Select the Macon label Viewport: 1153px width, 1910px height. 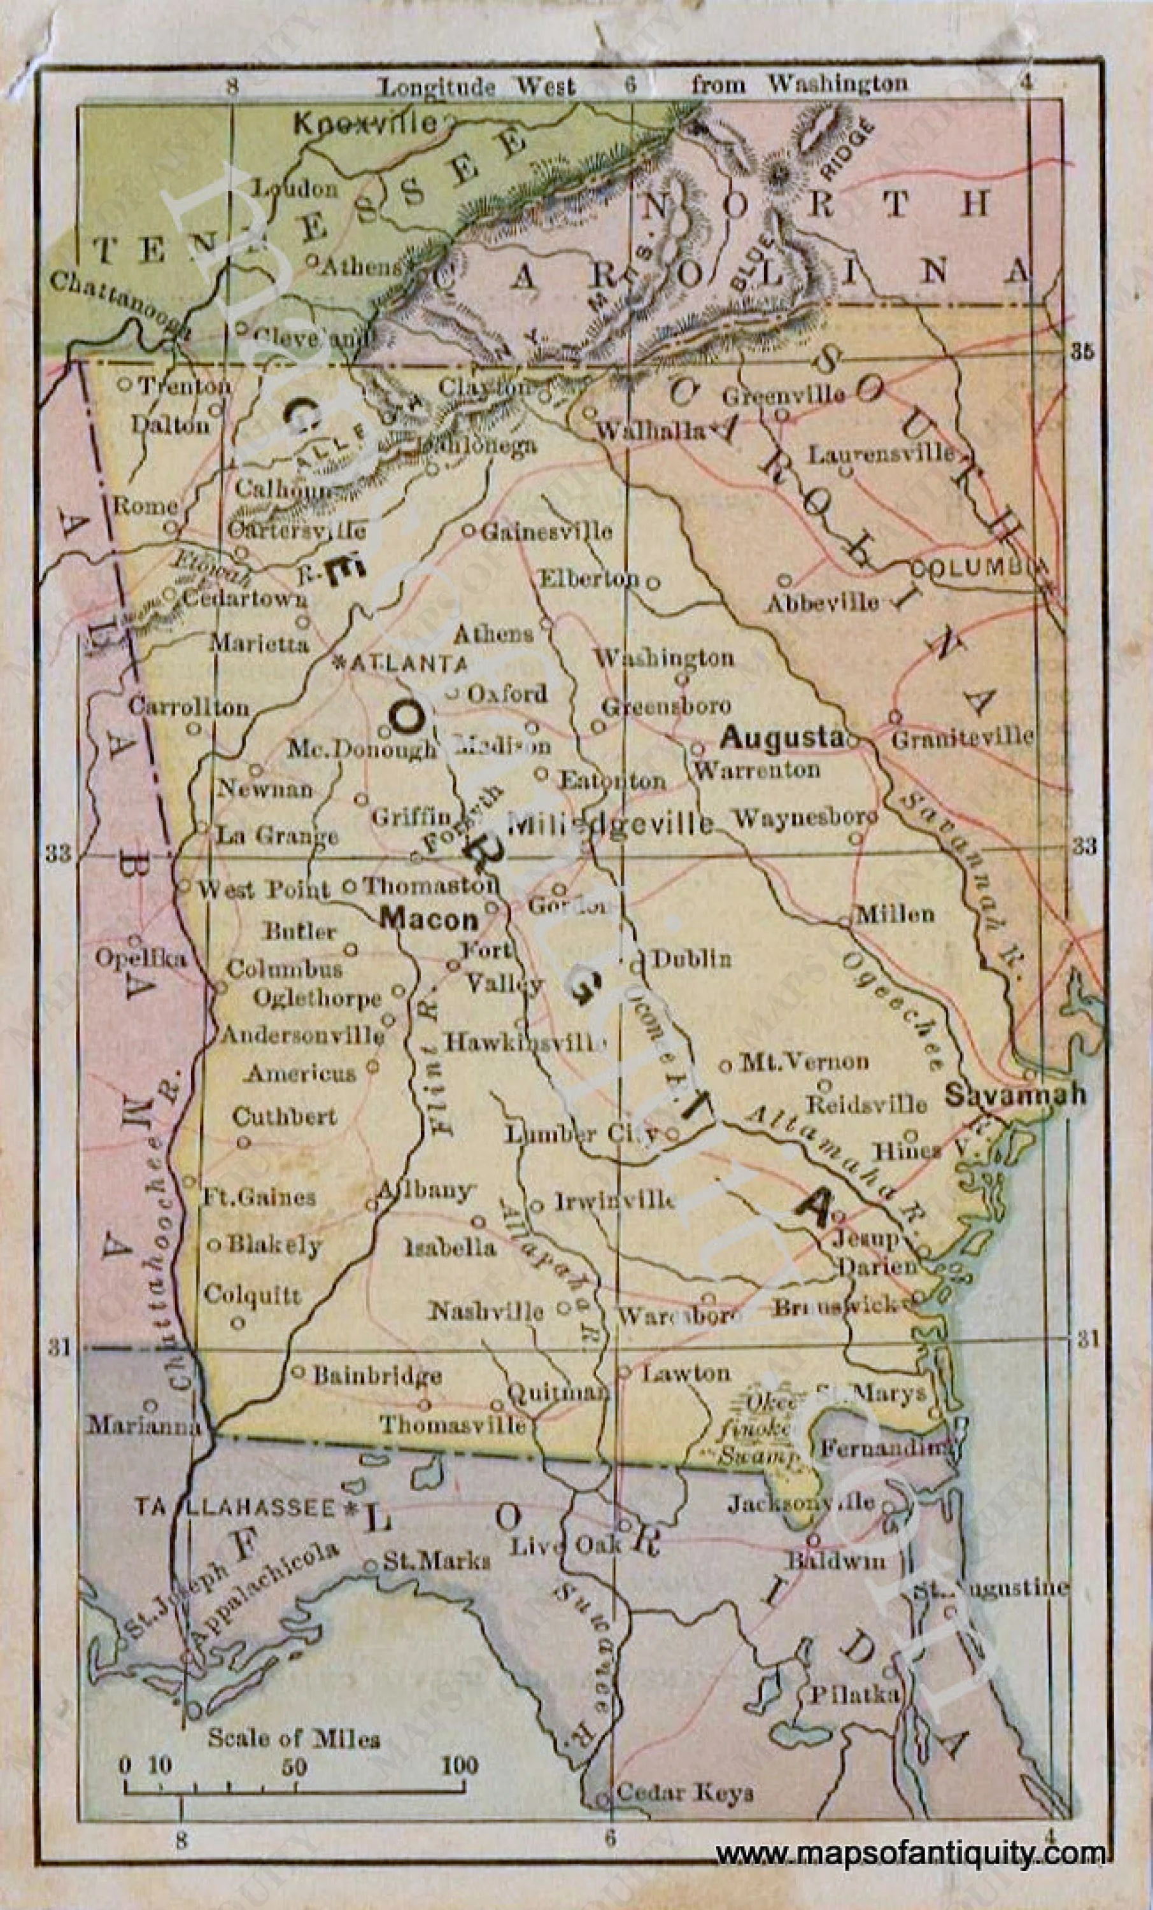tap(428, 919)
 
